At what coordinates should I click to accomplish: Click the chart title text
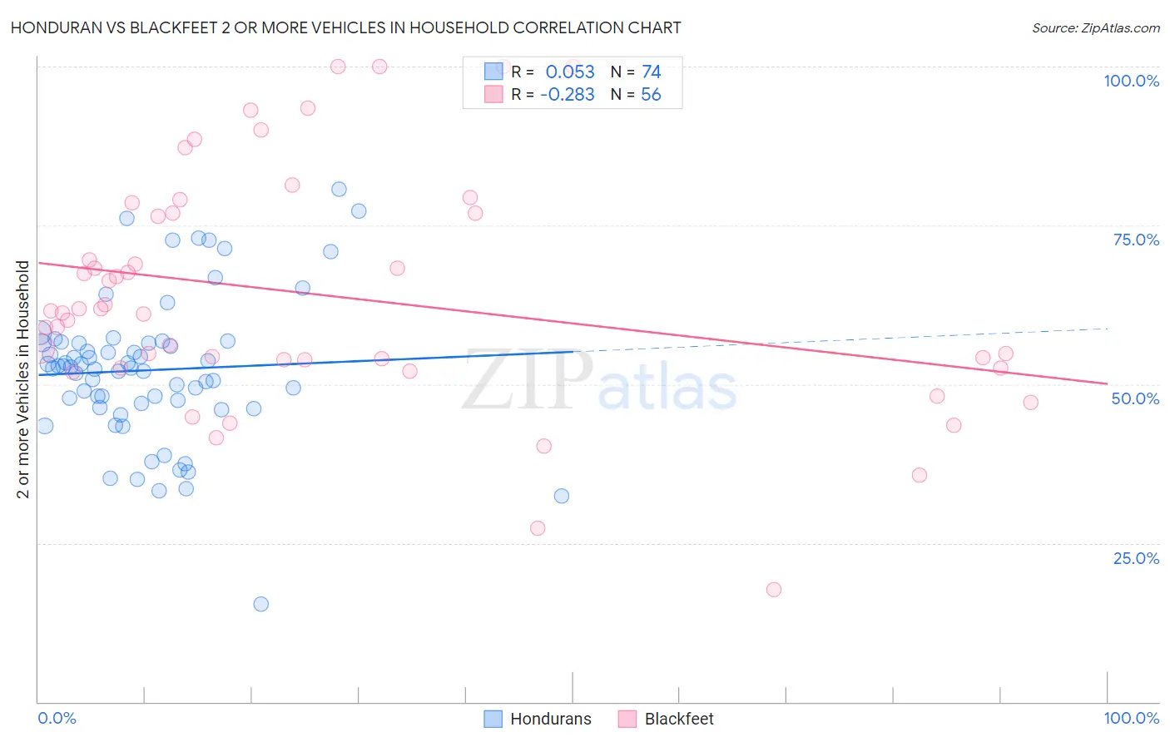tap(345, 27)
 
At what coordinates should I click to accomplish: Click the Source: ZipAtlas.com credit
tap(1095, 27)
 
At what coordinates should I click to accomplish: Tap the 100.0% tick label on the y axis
tap(1131, 81)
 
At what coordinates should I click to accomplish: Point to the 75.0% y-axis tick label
tap(1136, 240)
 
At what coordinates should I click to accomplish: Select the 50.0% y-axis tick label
tap(1135, 398)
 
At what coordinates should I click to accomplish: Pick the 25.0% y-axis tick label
tap(1136, 558)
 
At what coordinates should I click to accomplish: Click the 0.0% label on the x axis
tap(57, 718)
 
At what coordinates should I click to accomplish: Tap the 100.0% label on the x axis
tap(1131, 718)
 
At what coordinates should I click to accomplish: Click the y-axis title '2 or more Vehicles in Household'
tap(23, 379)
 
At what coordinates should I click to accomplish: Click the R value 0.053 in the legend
tap(570, 72)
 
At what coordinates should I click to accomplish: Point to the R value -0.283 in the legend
tap(567, 95)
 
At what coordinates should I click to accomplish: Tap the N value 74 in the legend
tap(651, 72)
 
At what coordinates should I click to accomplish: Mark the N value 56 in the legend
tap(651, 95)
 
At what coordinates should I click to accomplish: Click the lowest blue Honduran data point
tap(260, 604)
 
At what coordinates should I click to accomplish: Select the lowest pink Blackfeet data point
tap(774, 590)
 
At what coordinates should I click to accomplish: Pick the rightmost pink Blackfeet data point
tap(1030, 403)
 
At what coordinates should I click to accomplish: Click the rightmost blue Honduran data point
tap(562, 496)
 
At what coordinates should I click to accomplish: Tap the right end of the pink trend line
tap(1107, 383)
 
